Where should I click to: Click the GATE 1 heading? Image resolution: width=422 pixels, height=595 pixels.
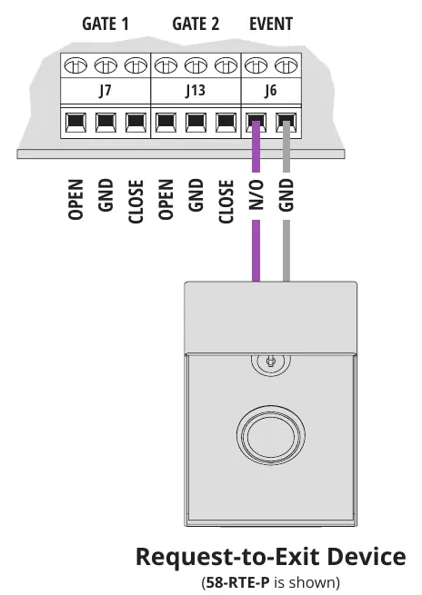[105, 24]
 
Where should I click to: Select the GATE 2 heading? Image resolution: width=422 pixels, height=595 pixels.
[196, 24]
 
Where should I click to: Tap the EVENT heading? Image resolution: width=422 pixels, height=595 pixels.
[271, 24]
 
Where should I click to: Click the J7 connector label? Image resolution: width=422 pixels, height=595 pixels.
[105, 91]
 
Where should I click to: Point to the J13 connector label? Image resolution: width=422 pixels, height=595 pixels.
[196, 91]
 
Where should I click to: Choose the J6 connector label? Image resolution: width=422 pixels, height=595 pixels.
[271, 91]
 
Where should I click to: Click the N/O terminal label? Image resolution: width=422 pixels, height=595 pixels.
[256, 194]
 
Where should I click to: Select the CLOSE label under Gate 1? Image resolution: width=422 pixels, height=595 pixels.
[136, 202]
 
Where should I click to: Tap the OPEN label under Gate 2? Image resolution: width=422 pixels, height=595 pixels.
[166, 199]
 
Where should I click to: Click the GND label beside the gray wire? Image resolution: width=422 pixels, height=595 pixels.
[286, 194]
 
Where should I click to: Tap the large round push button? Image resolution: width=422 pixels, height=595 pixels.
[271, 433]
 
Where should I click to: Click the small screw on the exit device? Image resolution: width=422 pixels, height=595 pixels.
[270, 361]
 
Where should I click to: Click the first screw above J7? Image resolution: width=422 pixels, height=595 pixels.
[75, 65]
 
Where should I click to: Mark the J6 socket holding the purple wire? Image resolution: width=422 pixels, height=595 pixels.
[256, 123]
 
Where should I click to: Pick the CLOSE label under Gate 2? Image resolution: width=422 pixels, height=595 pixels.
[226, 202]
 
